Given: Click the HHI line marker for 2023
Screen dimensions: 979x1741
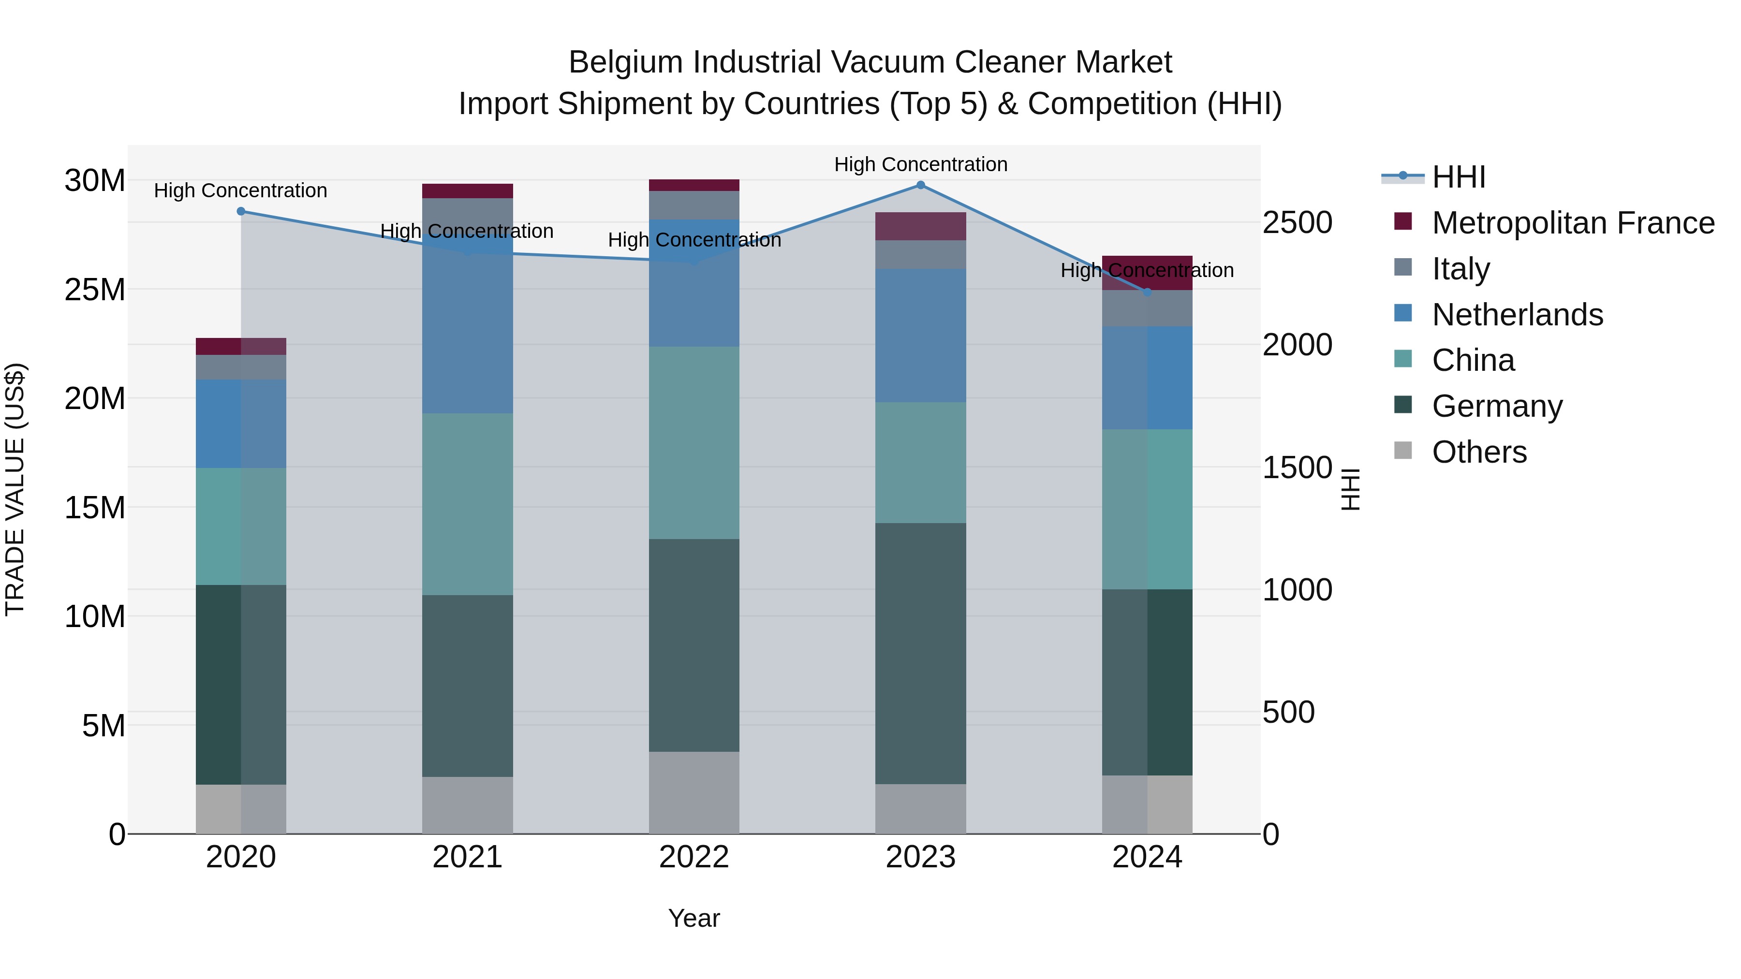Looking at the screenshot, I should coord(920,185).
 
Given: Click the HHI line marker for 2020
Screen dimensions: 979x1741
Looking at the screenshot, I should coord(241,211).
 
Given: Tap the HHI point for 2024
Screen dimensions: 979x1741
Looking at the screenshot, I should coord(1147,292).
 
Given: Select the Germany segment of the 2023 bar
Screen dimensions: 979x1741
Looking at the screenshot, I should coord(920,653).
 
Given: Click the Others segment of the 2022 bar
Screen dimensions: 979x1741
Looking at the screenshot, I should coord(693,792).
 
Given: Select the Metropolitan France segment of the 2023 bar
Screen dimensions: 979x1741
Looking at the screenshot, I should coord(920,226).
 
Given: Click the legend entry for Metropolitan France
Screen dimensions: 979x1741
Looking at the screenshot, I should coord(1572,223).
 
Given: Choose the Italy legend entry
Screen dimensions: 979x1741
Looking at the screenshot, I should coord(1460,269).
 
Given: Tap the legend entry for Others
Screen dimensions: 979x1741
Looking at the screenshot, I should coord(1479,452).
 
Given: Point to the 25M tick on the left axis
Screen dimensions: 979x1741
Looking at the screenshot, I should coord(95,290).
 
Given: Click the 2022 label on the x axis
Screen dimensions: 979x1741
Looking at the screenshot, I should coord(693,857).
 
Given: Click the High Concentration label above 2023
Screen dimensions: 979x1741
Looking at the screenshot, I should coord(920,164).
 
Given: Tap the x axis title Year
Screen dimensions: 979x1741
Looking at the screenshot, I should coord(693,918).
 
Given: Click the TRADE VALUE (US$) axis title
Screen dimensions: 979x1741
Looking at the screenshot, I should coord(15,489).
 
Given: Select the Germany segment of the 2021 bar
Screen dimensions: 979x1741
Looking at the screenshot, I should coord(467,685).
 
